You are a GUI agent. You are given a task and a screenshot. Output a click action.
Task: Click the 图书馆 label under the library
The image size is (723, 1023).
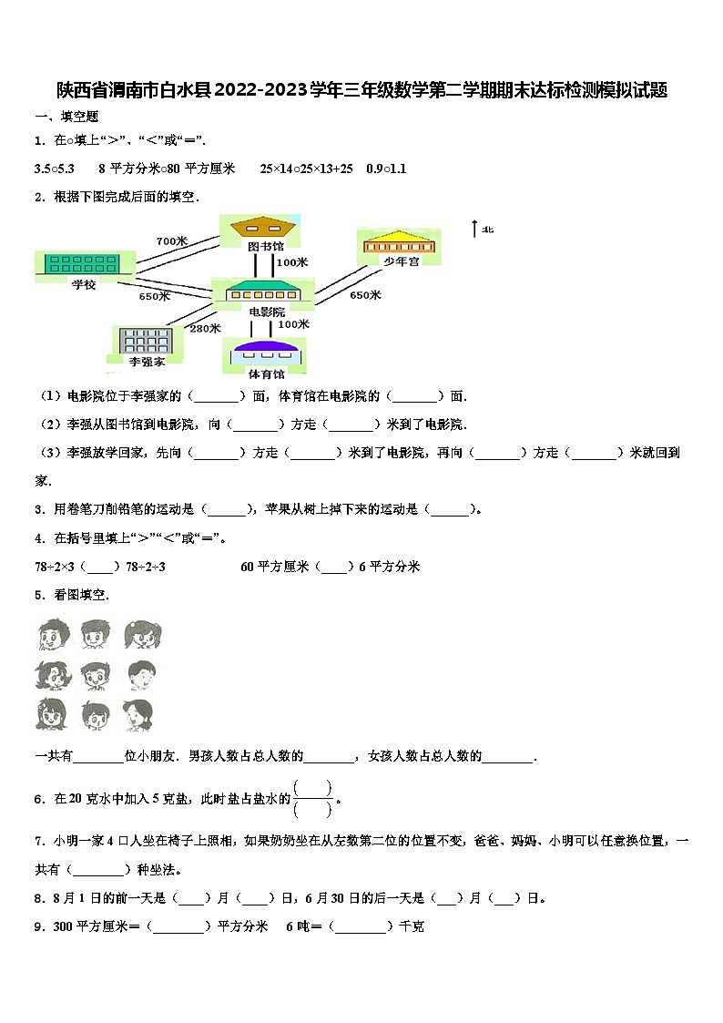pyautogui.click(x=266, y=246)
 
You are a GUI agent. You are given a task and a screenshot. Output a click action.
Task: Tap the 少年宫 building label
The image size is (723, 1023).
pyautogui.click(x=400, y=261)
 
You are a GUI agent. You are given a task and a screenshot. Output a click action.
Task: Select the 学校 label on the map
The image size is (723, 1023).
pyautogui.click(x=84, y=284)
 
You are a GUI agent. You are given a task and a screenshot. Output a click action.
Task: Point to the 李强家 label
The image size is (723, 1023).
pyautogui.click(x=147, y=362)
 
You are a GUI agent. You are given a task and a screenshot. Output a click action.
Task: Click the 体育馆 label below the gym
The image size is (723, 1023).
pyautogui.click(x=266, y=373)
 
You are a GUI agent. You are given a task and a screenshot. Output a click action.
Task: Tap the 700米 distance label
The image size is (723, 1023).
pyautogui.click(x=171, y=240)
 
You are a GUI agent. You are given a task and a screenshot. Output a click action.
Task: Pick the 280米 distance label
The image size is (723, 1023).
pyautogui.click(x=205, y=328)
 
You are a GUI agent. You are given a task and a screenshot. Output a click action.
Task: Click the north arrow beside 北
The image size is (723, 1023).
pyautogui.click(x=474, y=229)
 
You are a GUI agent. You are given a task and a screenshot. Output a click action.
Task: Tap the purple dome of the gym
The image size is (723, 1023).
pyautogui.click(x=266, y=346)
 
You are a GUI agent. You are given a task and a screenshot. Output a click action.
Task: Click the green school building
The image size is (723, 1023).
pyautogui.click(x=84, y=263)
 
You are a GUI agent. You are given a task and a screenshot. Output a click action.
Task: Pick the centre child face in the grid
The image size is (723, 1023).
pyautogui.click(x=95, y=674)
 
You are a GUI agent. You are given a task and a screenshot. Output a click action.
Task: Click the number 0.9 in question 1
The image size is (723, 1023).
pyautogui.click(x=374, y=169)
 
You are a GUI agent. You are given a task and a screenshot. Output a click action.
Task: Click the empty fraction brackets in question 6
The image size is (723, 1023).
pyautogui.click(x=313, y=798)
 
